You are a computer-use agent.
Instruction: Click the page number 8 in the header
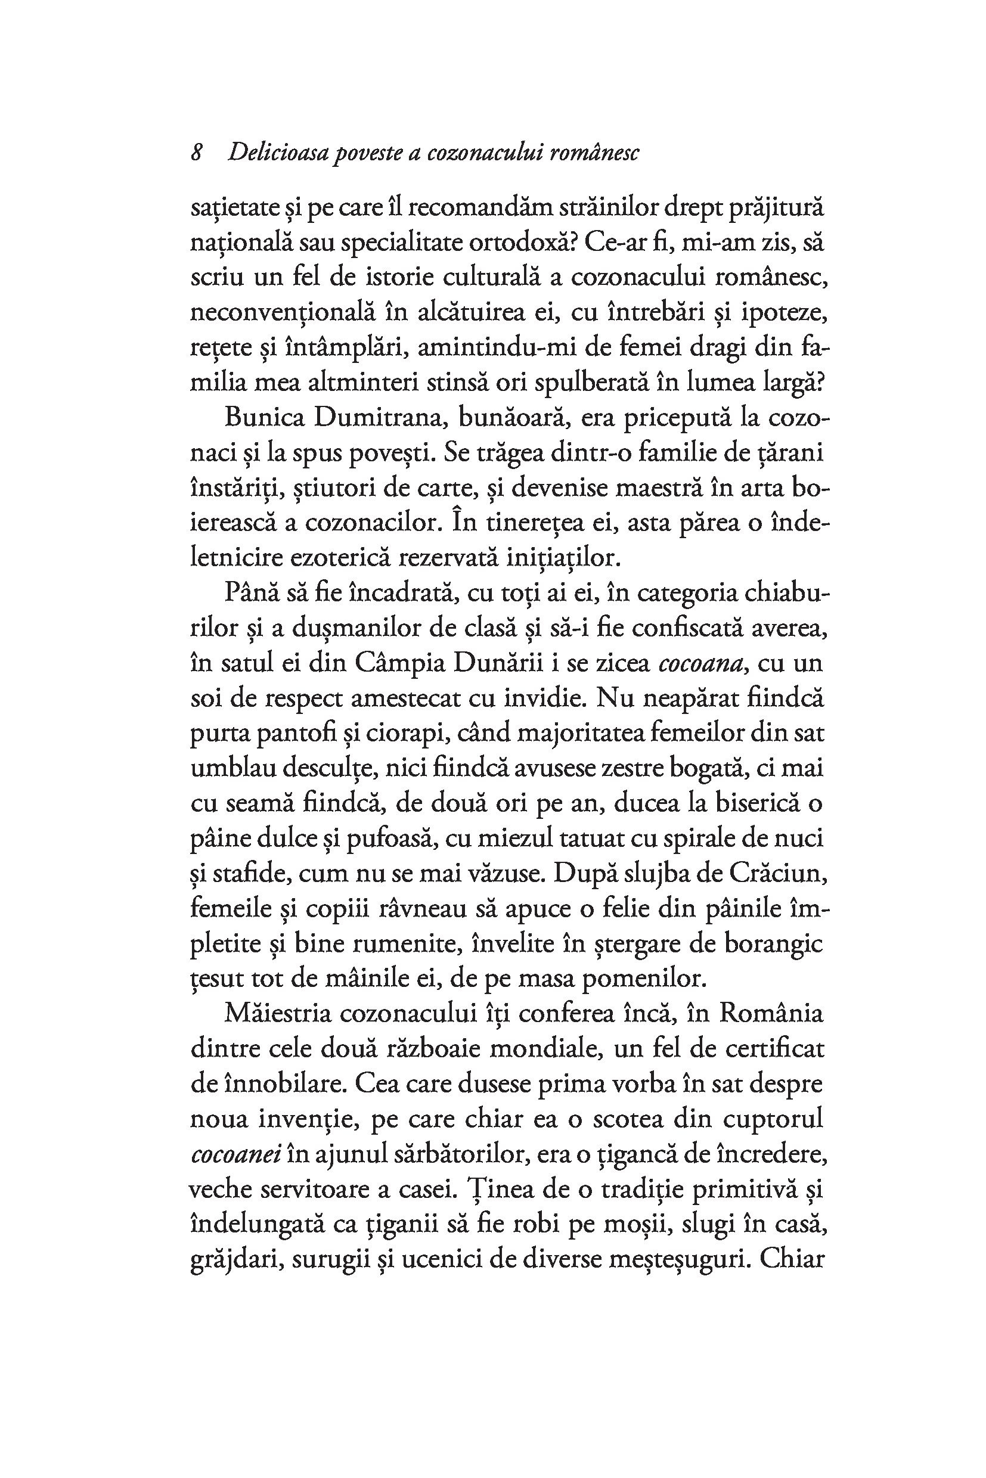coord(197,153)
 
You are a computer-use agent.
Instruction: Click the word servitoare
coord(325,1190)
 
